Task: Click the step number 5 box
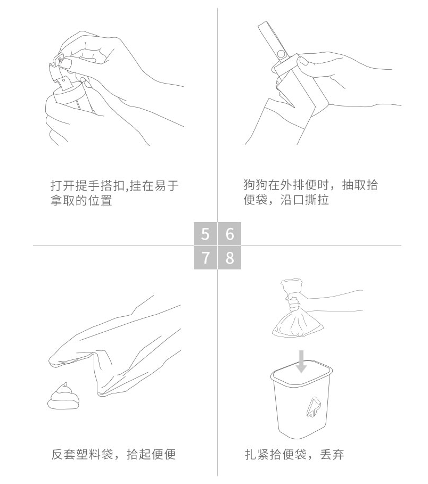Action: [x=205, y=234]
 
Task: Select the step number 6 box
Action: [x=229, y=234]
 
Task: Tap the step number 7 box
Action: [x=205, y=258]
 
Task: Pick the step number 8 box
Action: [x=229, y=258]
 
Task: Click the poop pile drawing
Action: [x=63, y=396]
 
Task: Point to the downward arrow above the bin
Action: [x=301, y=361]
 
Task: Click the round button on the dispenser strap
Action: [x=282, y=54]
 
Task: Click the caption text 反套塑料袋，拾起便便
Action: [x=113, y=454]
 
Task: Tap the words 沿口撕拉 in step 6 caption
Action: [x=304, y=200]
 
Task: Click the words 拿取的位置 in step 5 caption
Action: [x=81, y=200]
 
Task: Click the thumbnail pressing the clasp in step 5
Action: [x=65, y=63]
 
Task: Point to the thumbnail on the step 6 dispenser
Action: [x=303, y=61]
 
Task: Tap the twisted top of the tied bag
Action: [x=291, y=287]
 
